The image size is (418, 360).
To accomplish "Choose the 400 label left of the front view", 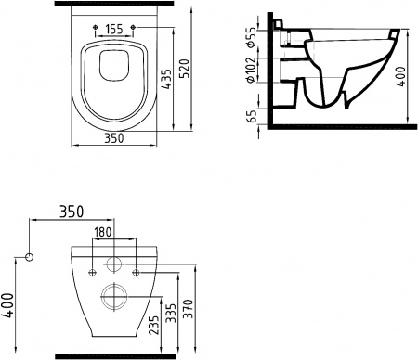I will (x=9, y=302).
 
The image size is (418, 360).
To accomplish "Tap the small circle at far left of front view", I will (x=31, y=255).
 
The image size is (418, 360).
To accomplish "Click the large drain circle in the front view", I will (x=115, y=297).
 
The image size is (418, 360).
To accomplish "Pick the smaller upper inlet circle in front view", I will (x=115, y=263).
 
